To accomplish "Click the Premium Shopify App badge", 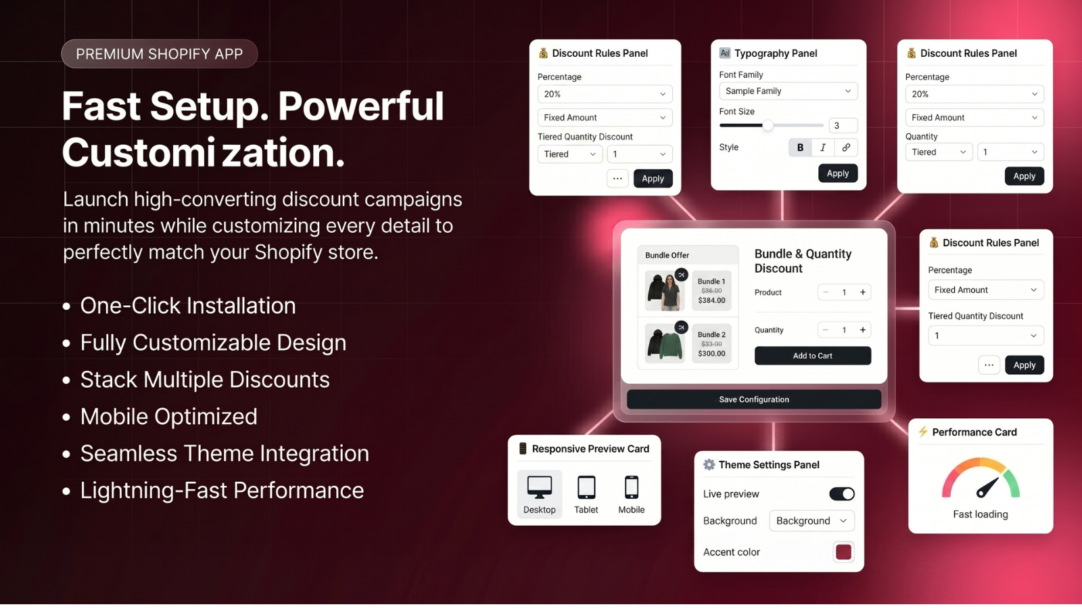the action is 160,53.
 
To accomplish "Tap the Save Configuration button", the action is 754,399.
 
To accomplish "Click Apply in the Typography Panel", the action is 838,173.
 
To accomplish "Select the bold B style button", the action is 800,148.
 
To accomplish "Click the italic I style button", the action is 823,148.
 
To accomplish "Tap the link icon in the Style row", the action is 846,148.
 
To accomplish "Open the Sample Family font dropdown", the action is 789,91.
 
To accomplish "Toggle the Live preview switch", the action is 842,493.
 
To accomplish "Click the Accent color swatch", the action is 843,552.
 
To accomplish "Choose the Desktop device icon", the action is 540,487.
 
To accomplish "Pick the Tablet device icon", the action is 586,487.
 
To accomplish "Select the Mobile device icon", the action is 632,487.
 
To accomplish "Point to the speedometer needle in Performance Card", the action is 987,488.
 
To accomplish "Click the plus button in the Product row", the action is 863,292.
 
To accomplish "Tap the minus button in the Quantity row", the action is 826,330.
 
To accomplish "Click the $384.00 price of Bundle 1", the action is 711,300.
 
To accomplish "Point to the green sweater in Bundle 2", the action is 670,344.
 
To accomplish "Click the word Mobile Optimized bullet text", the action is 168,417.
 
